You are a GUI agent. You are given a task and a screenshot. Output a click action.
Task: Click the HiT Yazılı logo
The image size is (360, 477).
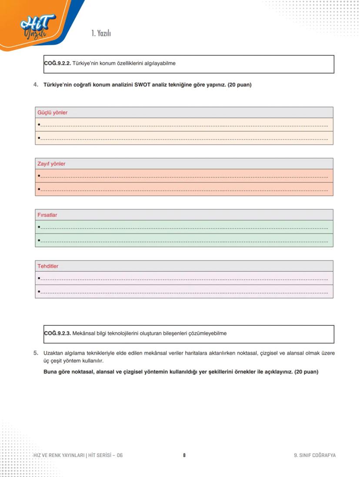[x=38, y=26]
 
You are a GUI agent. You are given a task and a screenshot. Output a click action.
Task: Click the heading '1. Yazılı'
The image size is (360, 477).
[x=101, y=33]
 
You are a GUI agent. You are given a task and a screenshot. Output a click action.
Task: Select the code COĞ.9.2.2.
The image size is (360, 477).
[x=57, y=63]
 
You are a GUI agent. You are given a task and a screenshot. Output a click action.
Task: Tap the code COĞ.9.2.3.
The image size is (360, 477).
[x=57, y=334]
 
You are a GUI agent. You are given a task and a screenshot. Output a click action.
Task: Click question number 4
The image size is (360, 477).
[x=36, y=85]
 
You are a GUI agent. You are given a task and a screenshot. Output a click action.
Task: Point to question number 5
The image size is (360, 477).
[x=36, y=353]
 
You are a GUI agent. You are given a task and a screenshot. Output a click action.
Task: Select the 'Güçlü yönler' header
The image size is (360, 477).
[x=53, y=113]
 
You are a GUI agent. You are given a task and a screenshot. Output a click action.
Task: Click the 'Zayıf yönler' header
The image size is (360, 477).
[x=52, y=164]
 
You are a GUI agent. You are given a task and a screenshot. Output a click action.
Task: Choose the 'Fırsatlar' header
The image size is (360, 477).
[x=47, y=215]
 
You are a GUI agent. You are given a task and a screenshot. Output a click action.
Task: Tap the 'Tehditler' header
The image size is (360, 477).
[x=48, y=266]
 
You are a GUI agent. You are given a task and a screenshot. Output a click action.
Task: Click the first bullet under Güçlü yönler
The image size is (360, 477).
[x=39, y=125]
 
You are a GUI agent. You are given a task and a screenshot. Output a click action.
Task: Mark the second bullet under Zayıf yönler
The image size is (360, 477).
[x=39, y=189]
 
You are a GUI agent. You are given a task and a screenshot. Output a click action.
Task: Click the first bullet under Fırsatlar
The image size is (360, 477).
[x=39, y=227]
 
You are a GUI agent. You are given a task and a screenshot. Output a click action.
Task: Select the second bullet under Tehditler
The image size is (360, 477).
[x=39, y=291]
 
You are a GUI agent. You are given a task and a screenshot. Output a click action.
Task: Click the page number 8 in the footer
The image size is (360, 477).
[x=184, y=455]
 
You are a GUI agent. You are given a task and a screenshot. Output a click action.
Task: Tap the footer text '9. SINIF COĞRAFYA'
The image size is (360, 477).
[x=314, y=455]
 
